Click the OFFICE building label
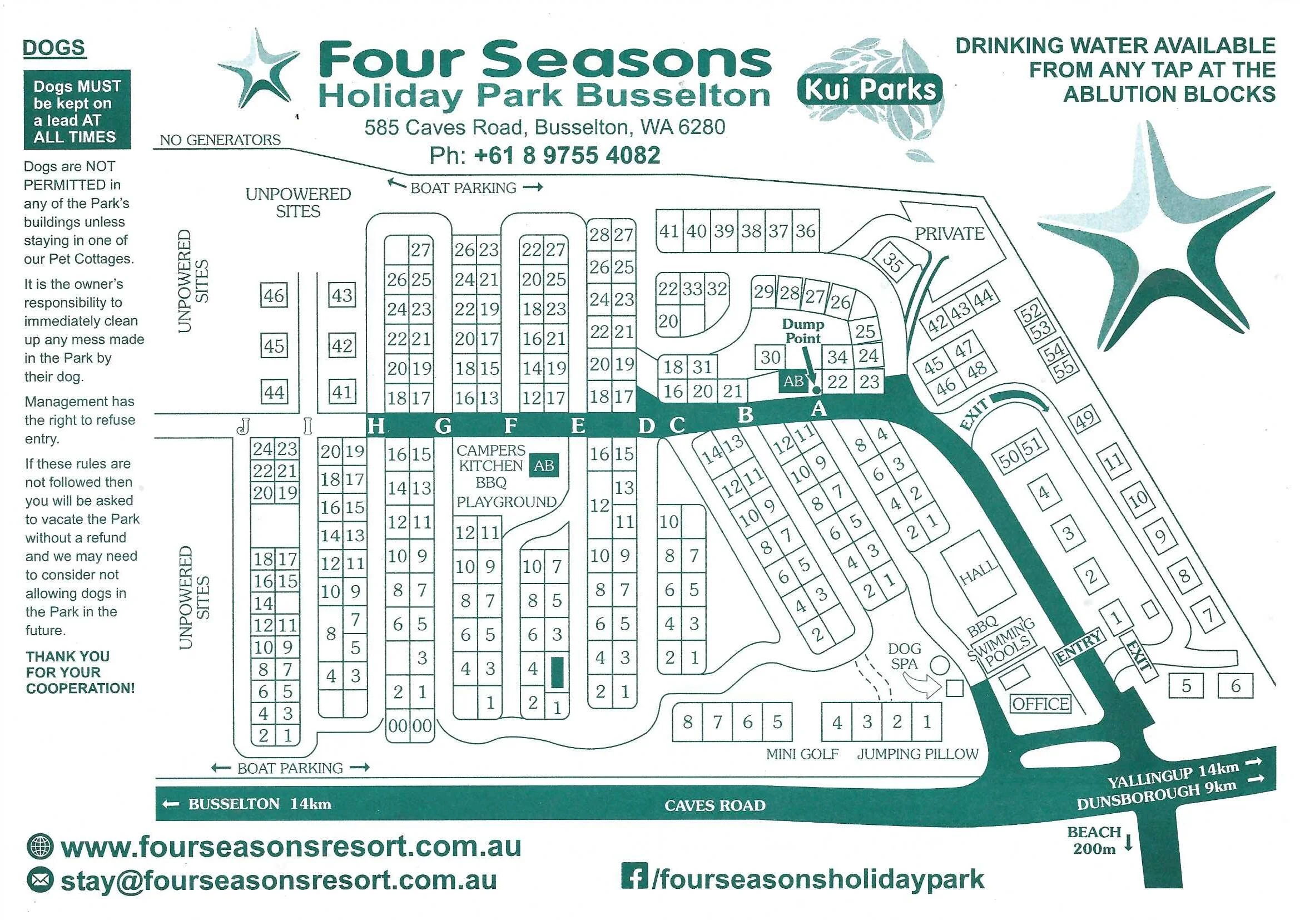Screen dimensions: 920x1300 pyautogui.click(x=1041, y=704)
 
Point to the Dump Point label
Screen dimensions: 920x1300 pyautogui.click(x=803, y=332)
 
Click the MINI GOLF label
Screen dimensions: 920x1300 pyautogui.click(x=802, y=754)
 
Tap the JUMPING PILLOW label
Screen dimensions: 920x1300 pyautogui.click(x=917, y=754)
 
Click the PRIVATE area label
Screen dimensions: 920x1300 pyautogui.click(x=950, y=234)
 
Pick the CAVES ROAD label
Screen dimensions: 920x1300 pyautogui.click(x=714, y=805)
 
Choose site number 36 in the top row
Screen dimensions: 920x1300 pyautogui.click(x=805, y=231)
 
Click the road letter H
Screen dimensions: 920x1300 pyautogui.click(x=375, y=426)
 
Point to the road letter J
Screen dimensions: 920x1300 pyautogui.click(x=244, y=426)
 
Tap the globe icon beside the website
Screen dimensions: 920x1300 pyautogui.click(x=39, y=847)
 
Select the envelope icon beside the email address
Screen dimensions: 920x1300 pyautogui.click(x=39, y=881)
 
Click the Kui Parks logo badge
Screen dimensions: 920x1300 pyautogui.click(x=870, y=90)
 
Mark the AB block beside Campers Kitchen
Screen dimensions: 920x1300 pyautogui.click(x=544, y=465)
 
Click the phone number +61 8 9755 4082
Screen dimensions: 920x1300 pyautogui.click(x=567, y=155)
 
